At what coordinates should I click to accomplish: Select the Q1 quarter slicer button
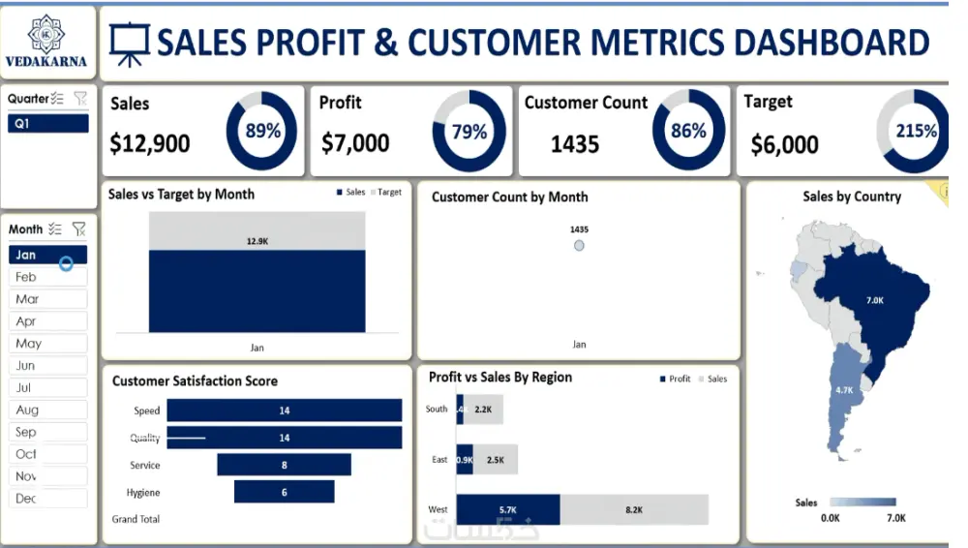[48, 124]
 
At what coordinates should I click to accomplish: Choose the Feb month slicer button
[48, 277]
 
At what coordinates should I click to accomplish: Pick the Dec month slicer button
[48, 499]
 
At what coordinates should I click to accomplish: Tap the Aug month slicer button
[48, 410]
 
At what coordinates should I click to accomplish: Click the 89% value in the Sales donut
[262, 131]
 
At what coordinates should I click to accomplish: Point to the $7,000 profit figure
[355, 143]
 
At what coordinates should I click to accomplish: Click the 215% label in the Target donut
[916, 131]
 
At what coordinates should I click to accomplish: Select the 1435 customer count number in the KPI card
[575, 144]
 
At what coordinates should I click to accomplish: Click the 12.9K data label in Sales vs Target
[257, 241]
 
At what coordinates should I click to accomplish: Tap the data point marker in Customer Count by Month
[579, 246]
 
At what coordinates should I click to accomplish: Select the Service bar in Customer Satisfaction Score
[284, 465]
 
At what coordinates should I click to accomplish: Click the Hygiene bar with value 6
[284, 492]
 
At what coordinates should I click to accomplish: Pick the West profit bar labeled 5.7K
[508, 509]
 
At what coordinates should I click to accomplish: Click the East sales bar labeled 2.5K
[495, 459]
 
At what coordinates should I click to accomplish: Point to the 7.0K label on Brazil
[874, 300]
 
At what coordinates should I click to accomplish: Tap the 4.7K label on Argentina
[844, 389]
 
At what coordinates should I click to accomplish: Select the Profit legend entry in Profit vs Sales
[675, 379]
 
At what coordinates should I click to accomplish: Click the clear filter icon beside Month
[79, 229]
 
